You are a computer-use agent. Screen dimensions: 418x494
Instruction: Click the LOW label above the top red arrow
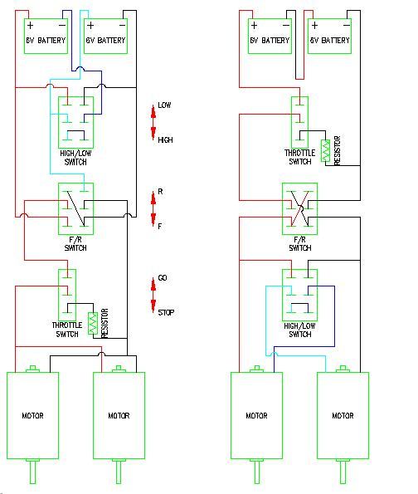(164, 105)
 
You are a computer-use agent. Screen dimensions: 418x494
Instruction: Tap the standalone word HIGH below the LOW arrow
(165, 139)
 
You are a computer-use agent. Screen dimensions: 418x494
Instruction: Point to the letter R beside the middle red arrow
(160, 192)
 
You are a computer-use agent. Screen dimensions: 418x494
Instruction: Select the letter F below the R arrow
(160, 226)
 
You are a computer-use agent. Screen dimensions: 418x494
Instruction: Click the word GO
(163, 278)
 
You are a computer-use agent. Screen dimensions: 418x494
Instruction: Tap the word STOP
(166, 312)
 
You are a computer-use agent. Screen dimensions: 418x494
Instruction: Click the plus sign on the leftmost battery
(30, 25)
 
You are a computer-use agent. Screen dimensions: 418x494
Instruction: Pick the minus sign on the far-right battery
(346, 25)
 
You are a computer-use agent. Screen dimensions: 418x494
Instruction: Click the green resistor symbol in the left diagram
(93, 323)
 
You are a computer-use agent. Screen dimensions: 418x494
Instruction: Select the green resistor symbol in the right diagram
(325, 151)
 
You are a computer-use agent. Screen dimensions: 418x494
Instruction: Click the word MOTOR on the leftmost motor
(32, 416)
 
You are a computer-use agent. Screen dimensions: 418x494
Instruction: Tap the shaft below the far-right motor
(343, 472)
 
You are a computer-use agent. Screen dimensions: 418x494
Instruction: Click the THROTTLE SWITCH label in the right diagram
(300, 157)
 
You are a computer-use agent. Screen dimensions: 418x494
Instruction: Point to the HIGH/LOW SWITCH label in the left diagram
(75, 158)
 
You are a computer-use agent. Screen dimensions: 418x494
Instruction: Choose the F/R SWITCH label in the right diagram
(300, 244)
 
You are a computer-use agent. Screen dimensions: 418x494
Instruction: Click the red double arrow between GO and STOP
(153, 296)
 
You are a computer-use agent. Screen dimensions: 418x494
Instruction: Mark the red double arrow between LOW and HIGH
(153, 123)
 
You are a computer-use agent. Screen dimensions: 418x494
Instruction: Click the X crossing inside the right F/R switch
(300, 208)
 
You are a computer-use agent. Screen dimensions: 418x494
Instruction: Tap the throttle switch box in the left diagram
(67, 295)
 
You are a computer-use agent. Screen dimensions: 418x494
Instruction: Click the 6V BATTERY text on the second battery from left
(106, 41)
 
